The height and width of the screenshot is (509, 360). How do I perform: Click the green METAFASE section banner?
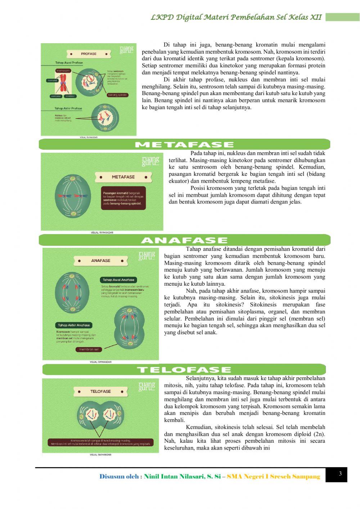pyautogui.click(x=184, y=144)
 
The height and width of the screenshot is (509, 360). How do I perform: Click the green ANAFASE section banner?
pyautogui.click(x=184, y=240)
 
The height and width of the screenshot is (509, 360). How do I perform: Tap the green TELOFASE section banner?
pyautogui.click(x=184, y=370)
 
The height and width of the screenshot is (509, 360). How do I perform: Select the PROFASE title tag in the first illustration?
pyautogui.click(x=89, y=54)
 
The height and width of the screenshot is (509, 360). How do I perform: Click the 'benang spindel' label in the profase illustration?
pyautogui.click(x=117, y=95)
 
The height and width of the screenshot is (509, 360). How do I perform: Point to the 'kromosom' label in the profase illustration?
pyautogui.click(x=63, y=71)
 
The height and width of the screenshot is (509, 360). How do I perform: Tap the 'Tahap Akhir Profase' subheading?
pyautogui.click(x=68, y=108)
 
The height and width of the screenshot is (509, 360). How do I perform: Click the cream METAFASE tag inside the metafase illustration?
pyautogui.click(x=123, y=177)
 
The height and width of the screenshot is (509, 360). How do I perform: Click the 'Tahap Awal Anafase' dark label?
pyautogui.click(x=118, y=280)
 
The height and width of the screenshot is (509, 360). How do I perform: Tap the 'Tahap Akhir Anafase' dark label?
pyautogui.click(x=74, y=325)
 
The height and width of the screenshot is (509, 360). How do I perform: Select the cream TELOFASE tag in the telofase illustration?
pyautogui.click(x=100, y=391)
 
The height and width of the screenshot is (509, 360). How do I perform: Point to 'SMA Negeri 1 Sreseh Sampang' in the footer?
pyautogui.click(x=273, y=477)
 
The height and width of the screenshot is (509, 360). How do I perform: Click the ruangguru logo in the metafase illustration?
pyautogui.click(x=150, y=161)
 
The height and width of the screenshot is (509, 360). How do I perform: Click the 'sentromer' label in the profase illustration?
pyautogui.click(x=56, y=96)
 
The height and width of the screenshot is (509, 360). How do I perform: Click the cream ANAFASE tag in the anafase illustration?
pyautogui.click(x=101, y=260)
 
